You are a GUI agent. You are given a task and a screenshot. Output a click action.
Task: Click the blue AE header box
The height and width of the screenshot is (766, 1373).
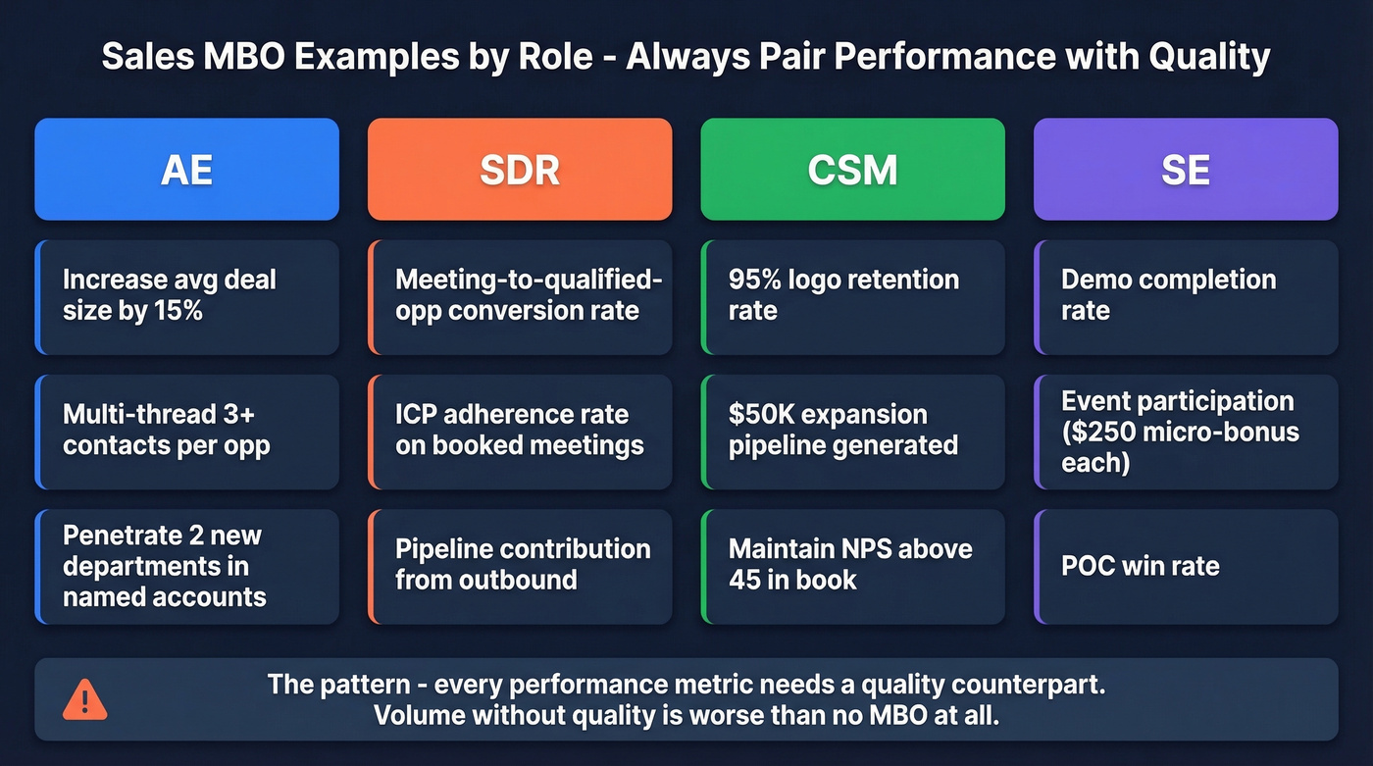pyautogui.click(x=186, y=170)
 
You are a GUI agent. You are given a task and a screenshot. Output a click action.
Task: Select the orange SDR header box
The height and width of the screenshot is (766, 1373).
pyautogui.click(x=520, y=170)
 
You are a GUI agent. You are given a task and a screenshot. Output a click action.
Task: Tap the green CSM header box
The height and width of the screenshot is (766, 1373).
pyautogui.click(x=852, y=170)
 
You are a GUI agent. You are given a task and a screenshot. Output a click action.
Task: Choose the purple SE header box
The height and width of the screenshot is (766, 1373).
pyautogui.click(x=1186, y=170)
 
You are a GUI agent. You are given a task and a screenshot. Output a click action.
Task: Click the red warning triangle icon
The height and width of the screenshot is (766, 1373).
pyautogui.click(x=85, y=699)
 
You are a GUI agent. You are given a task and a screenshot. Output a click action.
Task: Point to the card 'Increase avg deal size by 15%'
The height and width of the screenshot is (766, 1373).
pyautogui.click(x=186, y=295)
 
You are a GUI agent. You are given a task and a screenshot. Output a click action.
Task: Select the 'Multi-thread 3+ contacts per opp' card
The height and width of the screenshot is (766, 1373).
pyautogui.click(x=186, y=430)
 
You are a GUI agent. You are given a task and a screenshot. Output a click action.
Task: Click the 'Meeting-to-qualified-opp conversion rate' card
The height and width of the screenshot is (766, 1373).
pyautogui.click(x=520, y=295)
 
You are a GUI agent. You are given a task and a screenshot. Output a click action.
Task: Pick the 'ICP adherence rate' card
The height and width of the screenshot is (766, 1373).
pyautogui.click(x=520, y=430)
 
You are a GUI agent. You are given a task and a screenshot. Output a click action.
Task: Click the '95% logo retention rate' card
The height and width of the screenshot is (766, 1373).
pyautogui.click(x=852, y=295)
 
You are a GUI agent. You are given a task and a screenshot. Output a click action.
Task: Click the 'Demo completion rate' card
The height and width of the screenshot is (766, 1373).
pyautogui.click(x=1186, y=295)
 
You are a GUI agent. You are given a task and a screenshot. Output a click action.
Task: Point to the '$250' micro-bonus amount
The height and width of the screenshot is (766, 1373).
pyautogui.click(x=1103, y=432)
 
